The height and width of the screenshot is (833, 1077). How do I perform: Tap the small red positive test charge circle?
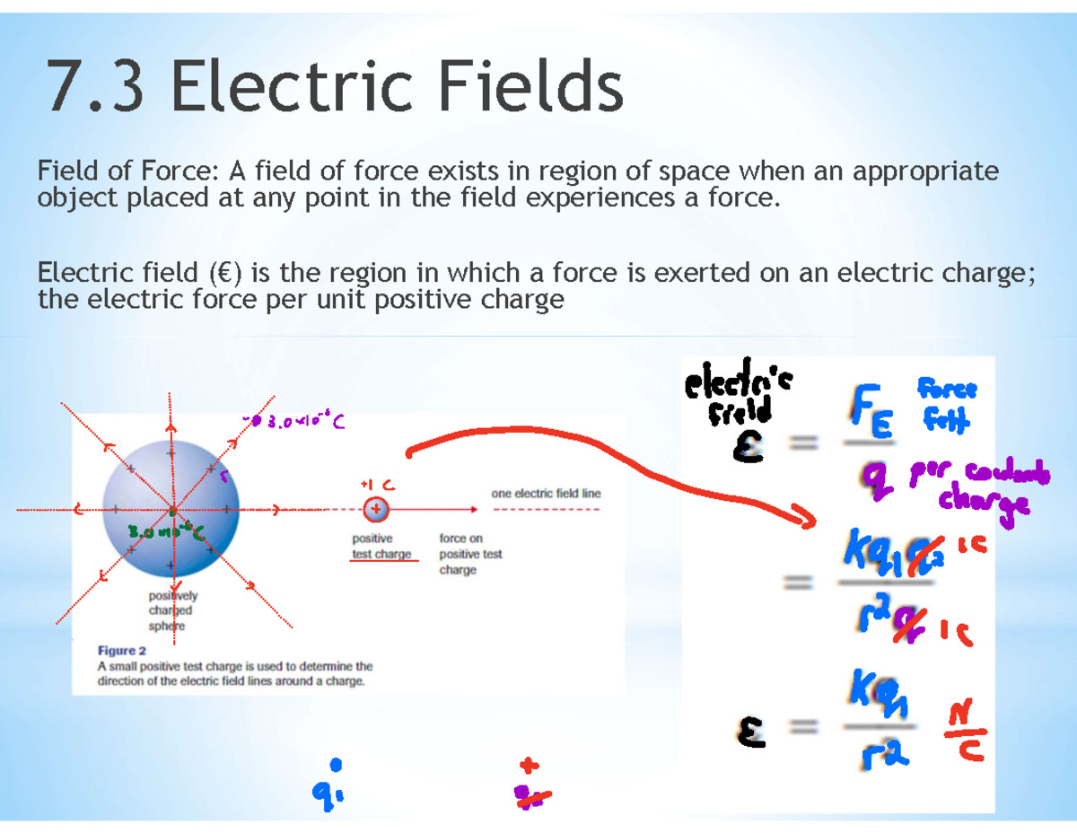click(x=376, y=510)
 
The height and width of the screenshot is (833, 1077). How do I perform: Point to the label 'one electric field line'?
click(x=546, y=494)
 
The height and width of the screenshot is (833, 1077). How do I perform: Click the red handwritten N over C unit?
click(x=963, y=732)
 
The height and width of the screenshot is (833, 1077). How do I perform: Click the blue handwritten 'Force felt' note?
click(x=947, y=404)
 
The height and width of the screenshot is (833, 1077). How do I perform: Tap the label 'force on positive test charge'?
click(x=470, y=554)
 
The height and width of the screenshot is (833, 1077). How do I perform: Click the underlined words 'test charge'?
click(x=381, y=554)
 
